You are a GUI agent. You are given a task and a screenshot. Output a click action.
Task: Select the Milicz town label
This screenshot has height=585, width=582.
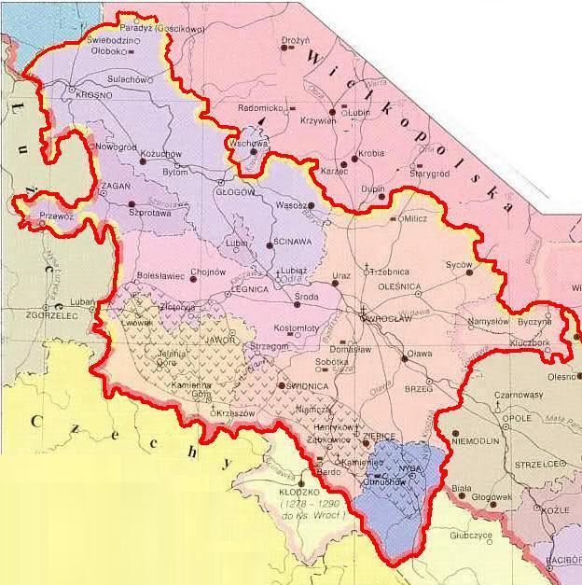coord(413,219)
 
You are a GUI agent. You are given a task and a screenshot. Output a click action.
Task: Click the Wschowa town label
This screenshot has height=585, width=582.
coord(250,146)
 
